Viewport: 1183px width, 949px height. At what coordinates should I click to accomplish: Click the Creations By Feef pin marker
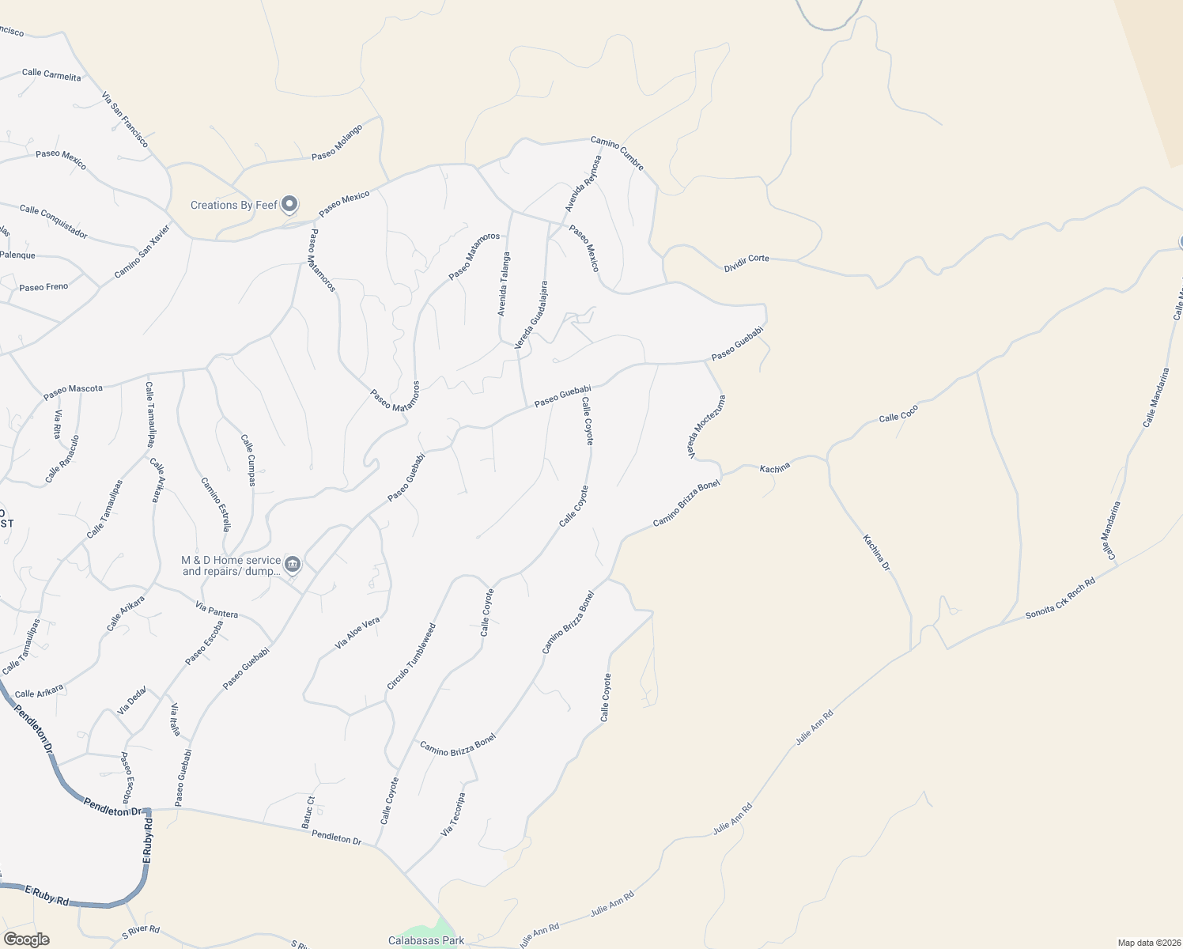point(289,205)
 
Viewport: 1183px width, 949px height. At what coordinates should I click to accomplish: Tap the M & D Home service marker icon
point(293,564)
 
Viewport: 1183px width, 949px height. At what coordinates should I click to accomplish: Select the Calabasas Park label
point(426,940)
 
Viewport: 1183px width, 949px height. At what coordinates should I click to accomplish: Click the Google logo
point(26,940)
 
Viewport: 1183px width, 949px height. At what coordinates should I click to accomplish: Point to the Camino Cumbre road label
point(617,153)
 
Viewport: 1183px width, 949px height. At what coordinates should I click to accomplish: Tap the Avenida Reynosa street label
point(584,183)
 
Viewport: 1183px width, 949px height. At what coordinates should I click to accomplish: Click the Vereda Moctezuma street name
point(706,427)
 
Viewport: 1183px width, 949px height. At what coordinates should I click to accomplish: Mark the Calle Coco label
point(899,414)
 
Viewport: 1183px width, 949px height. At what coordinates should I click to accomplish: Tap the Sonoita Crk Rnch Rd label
point(1060,599)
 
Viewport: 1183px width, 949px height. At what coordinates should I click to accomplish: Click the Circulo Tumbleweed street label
point(411,656)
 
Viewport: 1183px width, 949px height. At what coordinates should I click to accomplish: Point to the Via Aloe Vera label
point(357,633)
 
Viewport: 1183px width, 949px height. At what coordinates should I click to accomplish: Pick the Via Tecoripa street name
point(453,815)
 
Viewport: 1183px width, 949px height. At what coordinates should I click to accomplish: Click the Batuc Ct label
point(308,812)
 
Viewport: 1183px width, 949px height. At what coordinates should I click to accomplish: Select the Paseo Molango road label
point(337,142)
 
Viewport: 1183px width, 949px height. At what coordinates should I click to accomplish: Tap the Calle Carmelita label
point(51,74)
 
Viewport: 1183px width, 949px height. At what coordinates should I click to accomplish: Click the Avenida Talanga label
point(503,285)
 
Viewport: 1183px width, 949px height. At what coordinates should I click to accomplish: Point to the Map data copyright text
point(1147,943)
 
